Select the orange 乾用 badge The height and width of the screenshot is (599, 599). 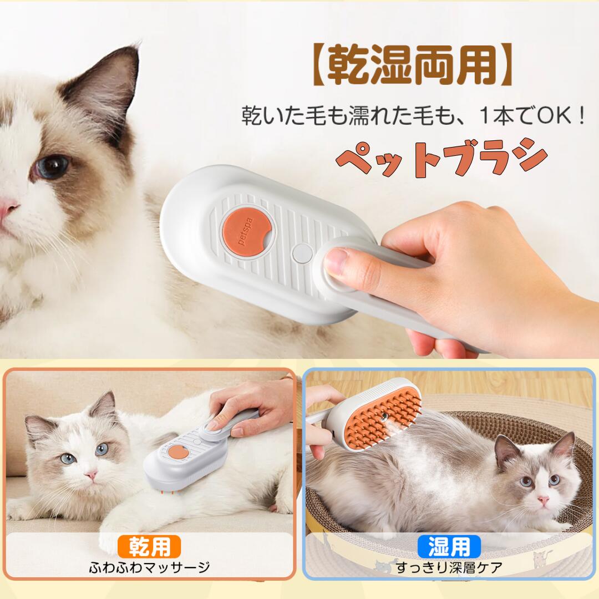pos(149,546)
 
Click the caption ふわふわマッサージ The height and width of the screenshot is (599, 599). pos(149,567)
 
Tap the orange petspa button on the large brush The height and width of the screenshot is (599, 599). pos(247,231)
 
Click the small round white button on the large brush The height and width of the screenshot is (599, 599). pos(302,253)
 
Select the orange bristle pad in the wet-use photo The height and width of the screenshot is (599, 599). pos(383,420)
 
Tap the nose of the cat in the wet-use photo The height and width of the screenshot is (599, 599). pos(542,500)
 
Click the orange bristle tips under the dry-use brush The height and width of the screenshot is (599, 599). pos(168,494)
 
